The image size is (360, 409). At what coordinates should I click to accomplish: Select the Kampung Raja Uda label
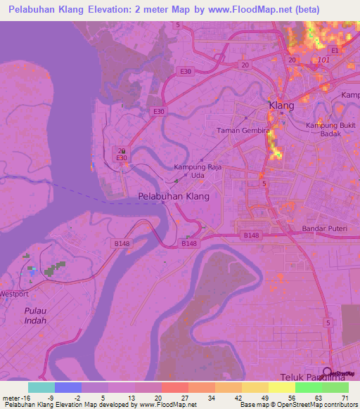pos(194,172)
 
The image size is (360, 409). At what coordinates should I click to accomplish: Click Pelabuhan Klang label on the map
pos(174,197)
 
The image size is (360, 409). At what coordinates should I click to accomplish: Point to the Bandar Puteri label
pos(324,228)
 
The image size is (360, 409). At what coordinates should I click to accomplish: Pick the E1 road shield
pos(335,51)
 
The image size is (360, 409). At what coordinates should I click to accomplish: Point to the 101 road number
pos(323,60)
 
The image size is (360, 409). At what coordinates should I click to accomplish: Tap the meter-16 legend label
pos(15,397)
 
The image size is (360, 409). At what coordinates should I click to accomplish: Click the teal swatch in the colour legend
pos(41,387)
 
